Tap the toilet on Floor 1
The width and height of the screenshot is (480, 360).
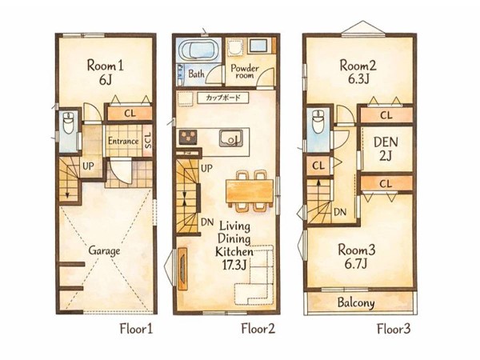pos(68,122)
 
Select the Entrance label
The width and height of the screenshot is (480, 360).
pos(123,141)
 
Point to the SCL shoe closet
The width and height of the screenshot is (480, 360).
pos(147,141)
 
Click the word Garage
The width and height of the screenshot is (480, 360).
pos(104,250)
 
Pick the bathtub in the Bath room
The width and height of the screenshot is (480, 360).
pos(198,50)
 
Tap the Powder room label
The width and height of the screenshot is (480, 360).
pos(245,71)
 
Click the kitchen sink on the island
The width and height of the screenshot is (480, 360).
pos(231,138)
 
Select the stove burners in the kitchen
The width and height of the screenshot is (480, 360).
pos(187,137)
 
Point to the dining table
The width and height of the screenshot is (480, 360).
pos(250,191)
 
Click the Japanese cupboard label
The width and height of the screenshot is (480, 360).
pos(223,98)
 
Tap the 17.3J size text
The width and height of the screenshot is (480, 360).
pos(234,265)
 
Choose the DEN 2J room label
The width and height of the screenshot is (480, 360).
pos(386,149)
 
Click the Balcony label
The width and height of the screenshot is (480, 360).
pos(356,302)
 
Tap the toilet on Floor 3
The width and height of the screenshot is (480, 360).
pos(318,122)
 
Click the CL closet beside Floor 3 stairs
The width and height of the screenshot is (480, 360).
pos(318,166)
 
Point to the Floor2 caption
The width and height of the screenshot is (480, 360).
pos(258,329)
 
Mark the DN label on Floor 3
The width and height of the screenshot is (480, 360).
pos(340,212)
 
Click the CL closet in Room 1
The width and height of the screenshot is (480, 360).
pos(130,114)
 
